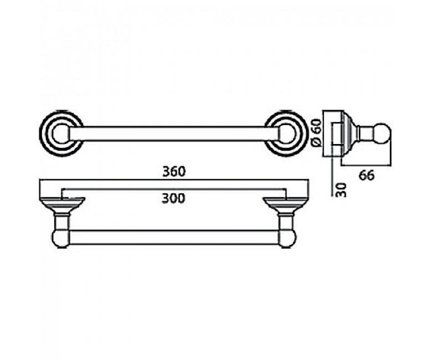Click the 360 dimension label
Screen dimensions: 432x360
tap(174, 172)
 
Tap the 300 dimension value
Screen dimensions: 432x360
tap(173, 198)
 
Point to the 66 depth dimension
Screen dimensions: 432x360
tap(367, 175)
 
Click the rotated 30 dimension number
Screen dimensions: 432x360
tap(342, 190)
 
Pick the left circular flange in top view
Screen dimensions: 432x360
tap(61, 133)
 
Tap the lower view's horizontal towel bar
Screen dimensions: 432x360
tap(174, 237)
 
